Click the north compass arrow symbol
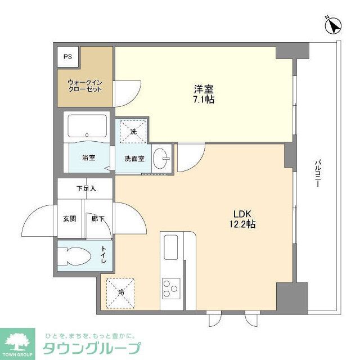pyautogui.click(x=334, y=25)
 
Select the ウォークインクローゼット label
pyautogui.click(x=85, y=85)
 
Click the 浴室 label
pyautogui.click(x=88, y=158)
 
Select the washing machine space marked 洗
pyautogui.click(x=133, y=132)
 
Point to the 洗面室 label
pyautogui.click(x=134, y=159)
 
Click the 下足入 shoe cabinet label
pyautogui.click(x=86, y=188)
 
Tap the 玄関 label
pyautogui.click(x=69, y=219)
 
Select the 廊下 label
pyautogui.click(x=98, y=219)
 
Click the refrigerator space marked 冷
pyautogui.click(x=121, y=292)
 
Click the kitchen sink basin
pyautogui.click(x=170, y=247)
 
